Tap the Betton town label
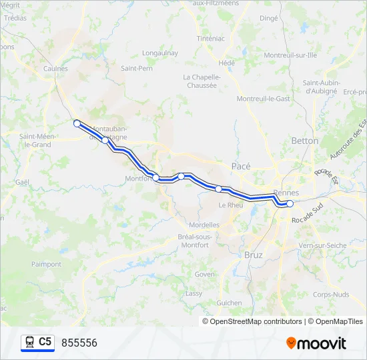(x=305, y=141)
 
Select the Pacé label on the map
(x=240, y=165)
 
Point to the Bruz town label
(x=254, y=255)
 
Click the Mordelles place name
(x=204, y=225)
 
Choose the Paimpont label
(x=46, y=264)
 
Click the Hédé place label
(x=227, y=63)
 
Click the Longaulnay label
(x=159, y=52)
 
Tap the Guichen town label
(x=229, y=302)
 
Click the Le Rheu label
(x=231, y=205)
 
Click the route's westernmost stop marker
(x=77, y=123)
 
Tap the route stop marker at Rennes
(x=290, y=203)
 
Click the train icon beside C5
(x=29, y=342)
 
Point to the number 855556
(x=79, y=343)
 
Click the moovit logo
(x=316, y=343)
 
